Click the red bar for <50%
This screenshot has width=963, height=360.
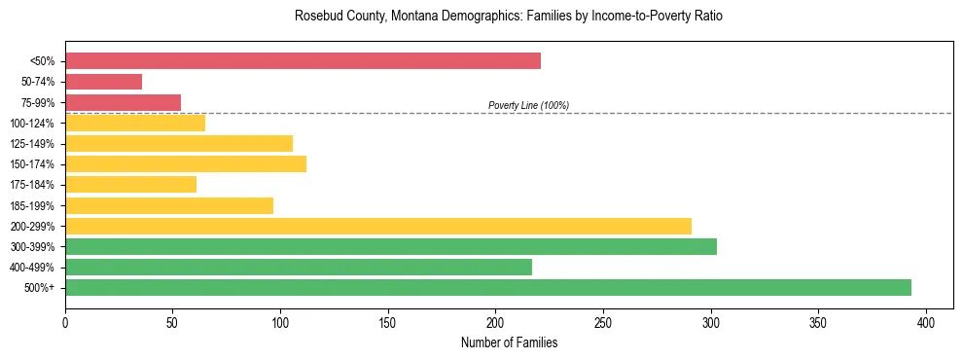303,61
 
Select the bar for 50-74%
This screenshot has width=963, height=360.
103,82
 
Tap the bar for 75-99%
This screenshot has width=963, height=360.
123,102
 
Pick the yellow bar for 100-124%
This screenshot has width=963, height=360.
135,123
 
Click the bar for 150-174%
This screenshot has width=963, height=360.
186,163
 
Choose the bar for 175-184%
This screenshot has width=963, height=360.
130,184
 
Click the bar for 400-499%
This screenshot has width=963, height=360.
299,267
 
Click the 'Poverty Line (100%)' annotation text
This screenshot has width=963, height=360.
528,105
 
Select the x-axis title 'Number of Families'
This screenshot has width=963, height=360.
509,342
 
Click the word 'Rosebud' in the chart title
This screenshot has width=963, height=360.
317,17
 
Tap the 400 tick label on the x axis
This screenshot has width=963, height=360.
926,323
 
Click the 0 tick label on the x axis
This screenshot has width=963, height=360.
65,323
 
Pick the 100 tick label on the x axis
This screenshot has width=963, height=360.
280,323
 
